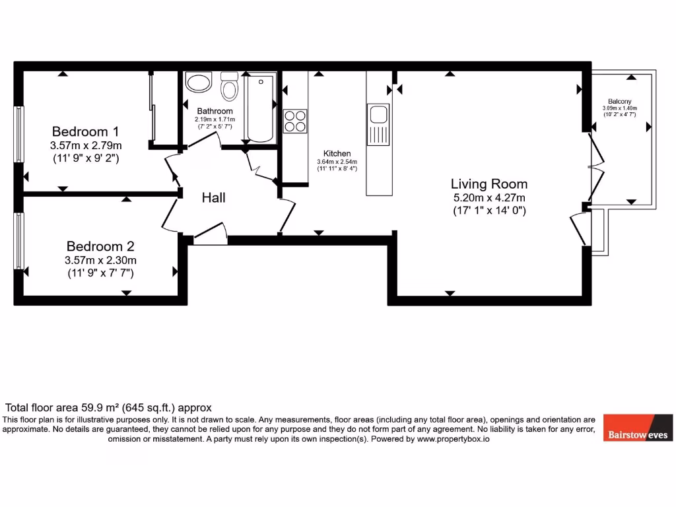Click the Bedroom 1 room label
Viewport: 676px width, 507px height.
click(86, 130)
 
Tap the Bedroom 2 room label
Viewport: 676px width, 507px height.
click(100, 246)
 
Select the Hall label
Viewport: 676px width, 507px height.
click(214, 197)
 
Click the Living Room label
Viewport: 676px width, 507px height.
click(489, 184)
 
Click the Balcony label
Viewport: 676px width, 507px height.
click(619, 102)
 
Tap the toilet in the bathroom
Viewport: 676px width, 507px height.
click(229, 88)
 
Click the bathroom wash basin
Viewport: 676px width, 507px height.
click(197, 83)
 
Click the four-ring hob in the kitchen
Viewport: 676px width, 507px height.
click(295, 120)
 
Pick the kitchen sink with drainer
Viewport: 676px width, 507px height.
click(379, 124)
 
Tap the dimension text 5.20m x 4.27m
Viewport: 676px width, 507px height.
click(489, 197)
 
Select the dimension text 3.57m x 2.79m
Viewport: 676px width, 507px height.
click(86, 145)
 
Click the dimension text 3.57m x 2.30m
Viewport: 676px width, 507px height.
click(100, 259)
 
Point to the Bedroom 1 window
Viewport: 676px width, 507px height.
click(20, 133)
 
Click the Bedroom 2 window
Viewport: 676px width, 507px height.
click(20, 240)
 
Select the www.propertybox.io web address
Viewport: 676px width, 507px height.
click(452, 438)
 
